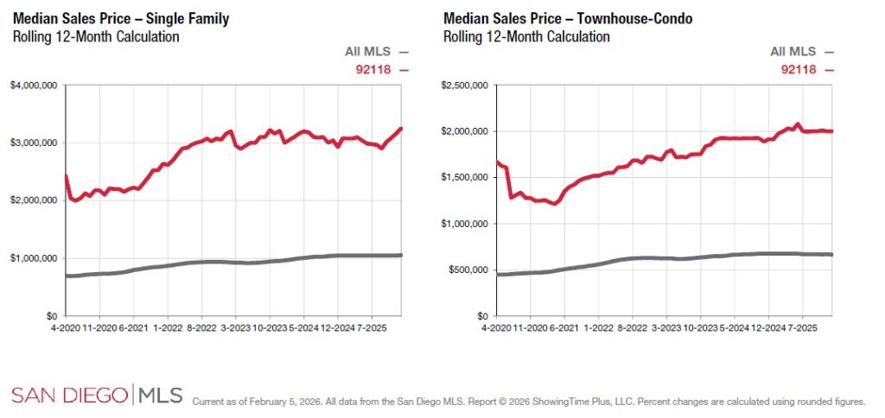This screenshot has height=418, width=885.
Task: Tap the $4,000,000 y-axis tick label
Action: click(35, 85)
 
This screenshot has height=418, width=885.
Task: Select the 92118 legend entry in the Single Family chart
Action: click(381, 69)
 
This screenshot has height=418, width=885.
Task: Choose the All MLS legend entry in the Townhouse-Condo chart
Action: click(803, 52)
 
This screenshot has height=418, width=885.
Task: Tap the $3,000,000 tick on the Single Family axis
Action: click(35, 142)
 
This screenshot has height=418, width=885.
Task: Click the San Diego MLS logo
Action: click(97, 396)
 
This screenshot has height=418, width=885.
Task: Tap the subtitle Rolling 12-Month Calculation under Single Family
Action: click(95, 36)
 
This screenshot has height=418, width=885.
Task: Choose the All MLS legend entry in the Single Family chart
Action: click(376, 52)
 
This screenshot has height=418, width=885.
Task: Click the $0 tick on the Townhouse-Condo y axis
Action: click(481, 316)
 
